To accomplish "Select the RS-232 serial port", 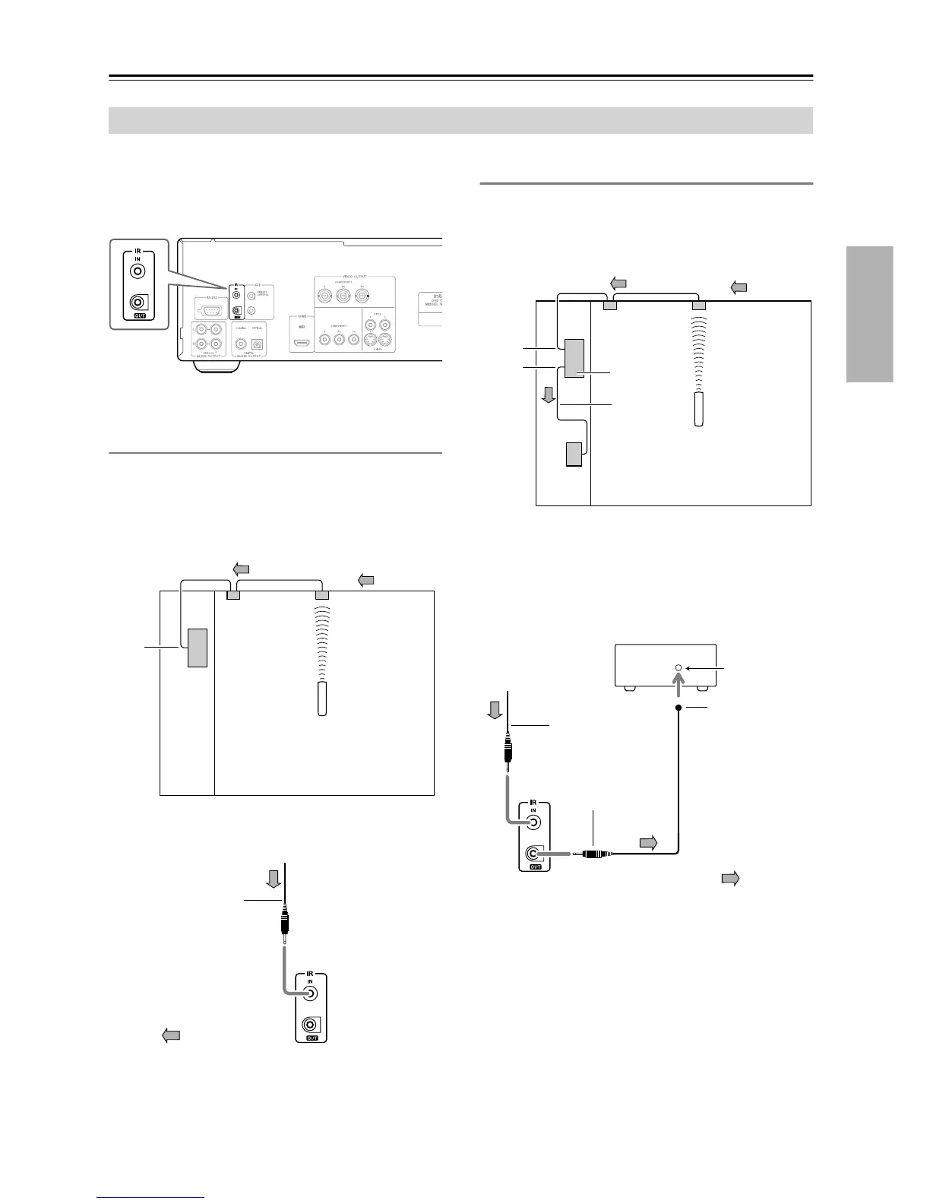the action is [210, 309].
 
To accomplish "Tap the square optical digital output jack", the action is [258, 344].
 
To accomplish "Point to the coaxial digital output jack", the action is [241, 344].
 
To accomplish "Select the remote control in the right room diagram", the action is [699, 409].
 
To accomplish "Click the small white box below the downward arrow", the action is [574, 455].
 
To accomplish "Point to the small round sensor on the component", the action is [679, 667].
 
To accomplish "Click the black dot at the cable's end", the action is [679, 708].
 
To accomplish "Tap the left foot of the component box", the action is [628, 688].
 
